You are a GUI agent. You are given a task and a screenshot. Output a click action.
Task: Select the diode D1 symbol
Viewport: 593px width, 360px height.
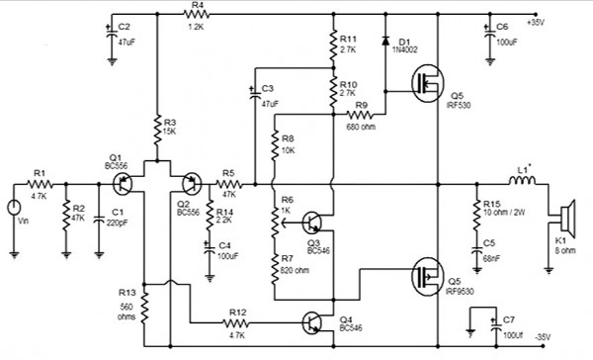[382, 42]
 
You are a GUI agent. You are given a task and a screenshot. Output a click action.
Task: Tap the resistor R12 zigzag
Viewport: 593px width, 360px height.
[236, 322]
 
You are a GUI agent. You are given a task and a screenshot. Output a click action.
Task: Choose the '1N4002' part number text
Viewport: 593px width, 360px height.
[405, 46]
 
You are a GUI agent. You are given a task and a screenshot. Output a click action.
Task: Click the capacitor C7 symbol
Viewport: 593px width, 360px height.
[485, 318]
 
